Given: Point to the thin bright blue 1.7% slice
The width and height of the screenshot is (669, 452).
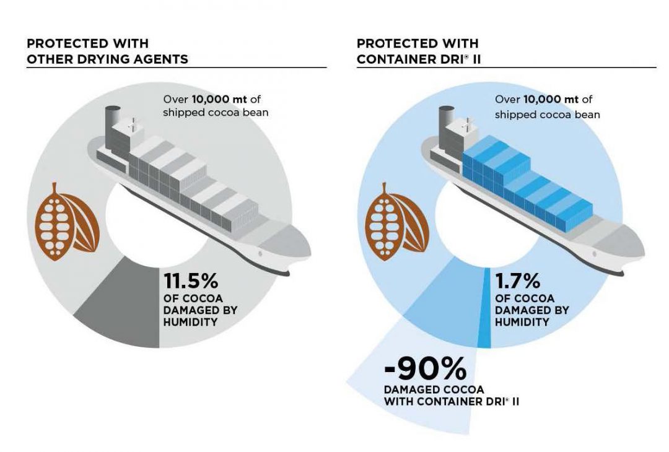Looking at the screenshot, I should coord(484,310).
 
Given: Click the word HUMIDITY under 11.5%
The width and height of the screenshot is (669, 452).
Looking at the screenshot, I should coord(189,322).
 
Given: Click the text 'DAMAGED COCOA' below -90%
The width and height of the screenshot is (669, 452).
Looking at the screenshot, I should coord(434,390).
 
